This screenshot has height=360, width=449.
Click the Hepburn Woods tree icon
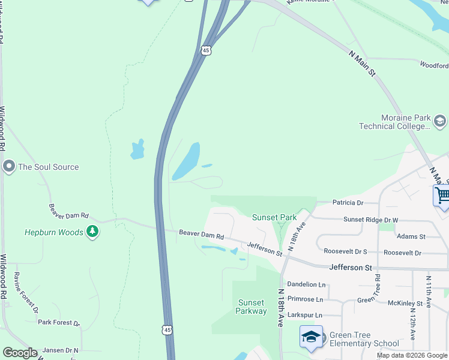tap(92, 232)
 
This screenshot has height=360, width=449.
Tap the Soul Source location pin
tap(8, 167)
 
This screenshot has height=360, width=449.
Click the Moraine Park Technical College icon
tap(439, 122)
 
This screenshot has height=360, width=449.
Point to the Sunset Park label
tap(274, 217)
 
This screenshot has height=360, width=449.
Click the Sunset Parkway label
tap(251, 307)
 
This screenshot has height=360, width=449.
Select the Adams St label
tap(411, 237)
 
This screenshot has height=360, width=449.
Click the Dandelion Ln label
tap(306, 284)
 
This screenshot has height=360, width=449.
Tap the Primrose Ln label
tap(305, 299)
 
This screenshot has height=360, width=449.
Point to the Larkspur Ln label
tap(305, 315)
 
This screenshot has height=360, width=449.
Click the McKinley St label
tap(406, 304)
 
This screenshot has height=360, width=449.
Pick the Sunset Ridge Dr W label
tap(370, 220)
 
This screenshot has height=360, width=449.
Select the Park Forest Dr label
tap(58, 322)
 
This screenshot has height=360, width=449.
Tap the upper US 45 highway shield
tap(206, 51)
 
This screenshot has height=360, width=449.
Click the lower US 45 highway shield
tap(167, 330)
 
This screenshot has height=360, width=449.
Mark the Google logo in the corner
tap(20, 352)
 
